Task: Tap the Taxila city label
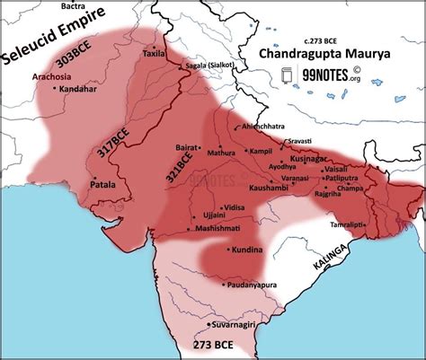pyautogui.click(x=153, y=54)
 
